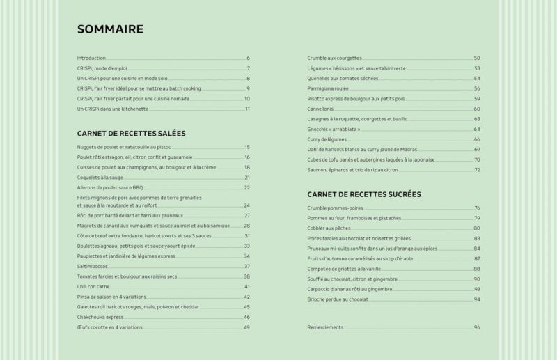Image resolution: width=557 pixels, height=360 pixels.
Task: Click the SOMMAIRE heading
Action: pos(110,29)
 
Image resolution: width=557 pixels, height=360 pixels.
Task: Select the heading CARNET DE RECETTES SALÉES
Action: pos(131,132)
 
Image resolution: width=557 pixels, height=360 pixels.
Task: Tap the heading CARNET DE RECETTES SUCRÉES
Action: pos(364,194)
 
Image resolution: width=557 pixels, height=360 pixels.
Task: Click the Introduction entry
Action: pos(91,58)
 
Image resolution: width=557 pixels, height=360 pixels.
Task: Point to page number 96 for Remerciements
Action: pos(477,327)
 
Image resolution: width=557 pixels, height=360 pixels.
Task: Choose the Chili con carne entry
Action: pos(95,286)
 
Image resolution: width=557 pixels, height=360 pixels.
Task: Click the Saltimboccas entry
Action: pos(93,266)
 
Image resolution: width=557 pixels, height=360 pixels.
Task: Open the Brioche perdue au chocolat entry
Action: pos(338,299)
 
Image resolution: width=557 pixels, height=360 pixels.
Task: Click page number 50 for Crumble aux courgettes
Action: pos(477,58)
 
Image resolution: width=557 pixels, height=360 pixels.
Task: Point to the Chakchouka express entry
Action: pos(100,317)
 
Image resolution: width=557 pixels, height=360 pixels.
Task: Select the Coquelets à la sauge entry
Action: pos(101,178)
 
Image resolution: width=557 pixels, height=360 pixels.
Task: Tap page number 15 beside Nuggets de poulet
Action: pos(246,147)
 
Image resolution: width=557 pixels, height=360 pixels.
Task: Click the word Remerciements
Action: pos(326,327)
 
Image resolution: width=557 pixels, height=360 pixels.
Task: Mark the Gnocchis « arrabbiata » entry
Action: pos(333,129)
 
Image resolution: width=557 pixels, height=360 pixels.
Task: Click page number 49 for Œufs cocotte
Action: pos(246,327)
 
